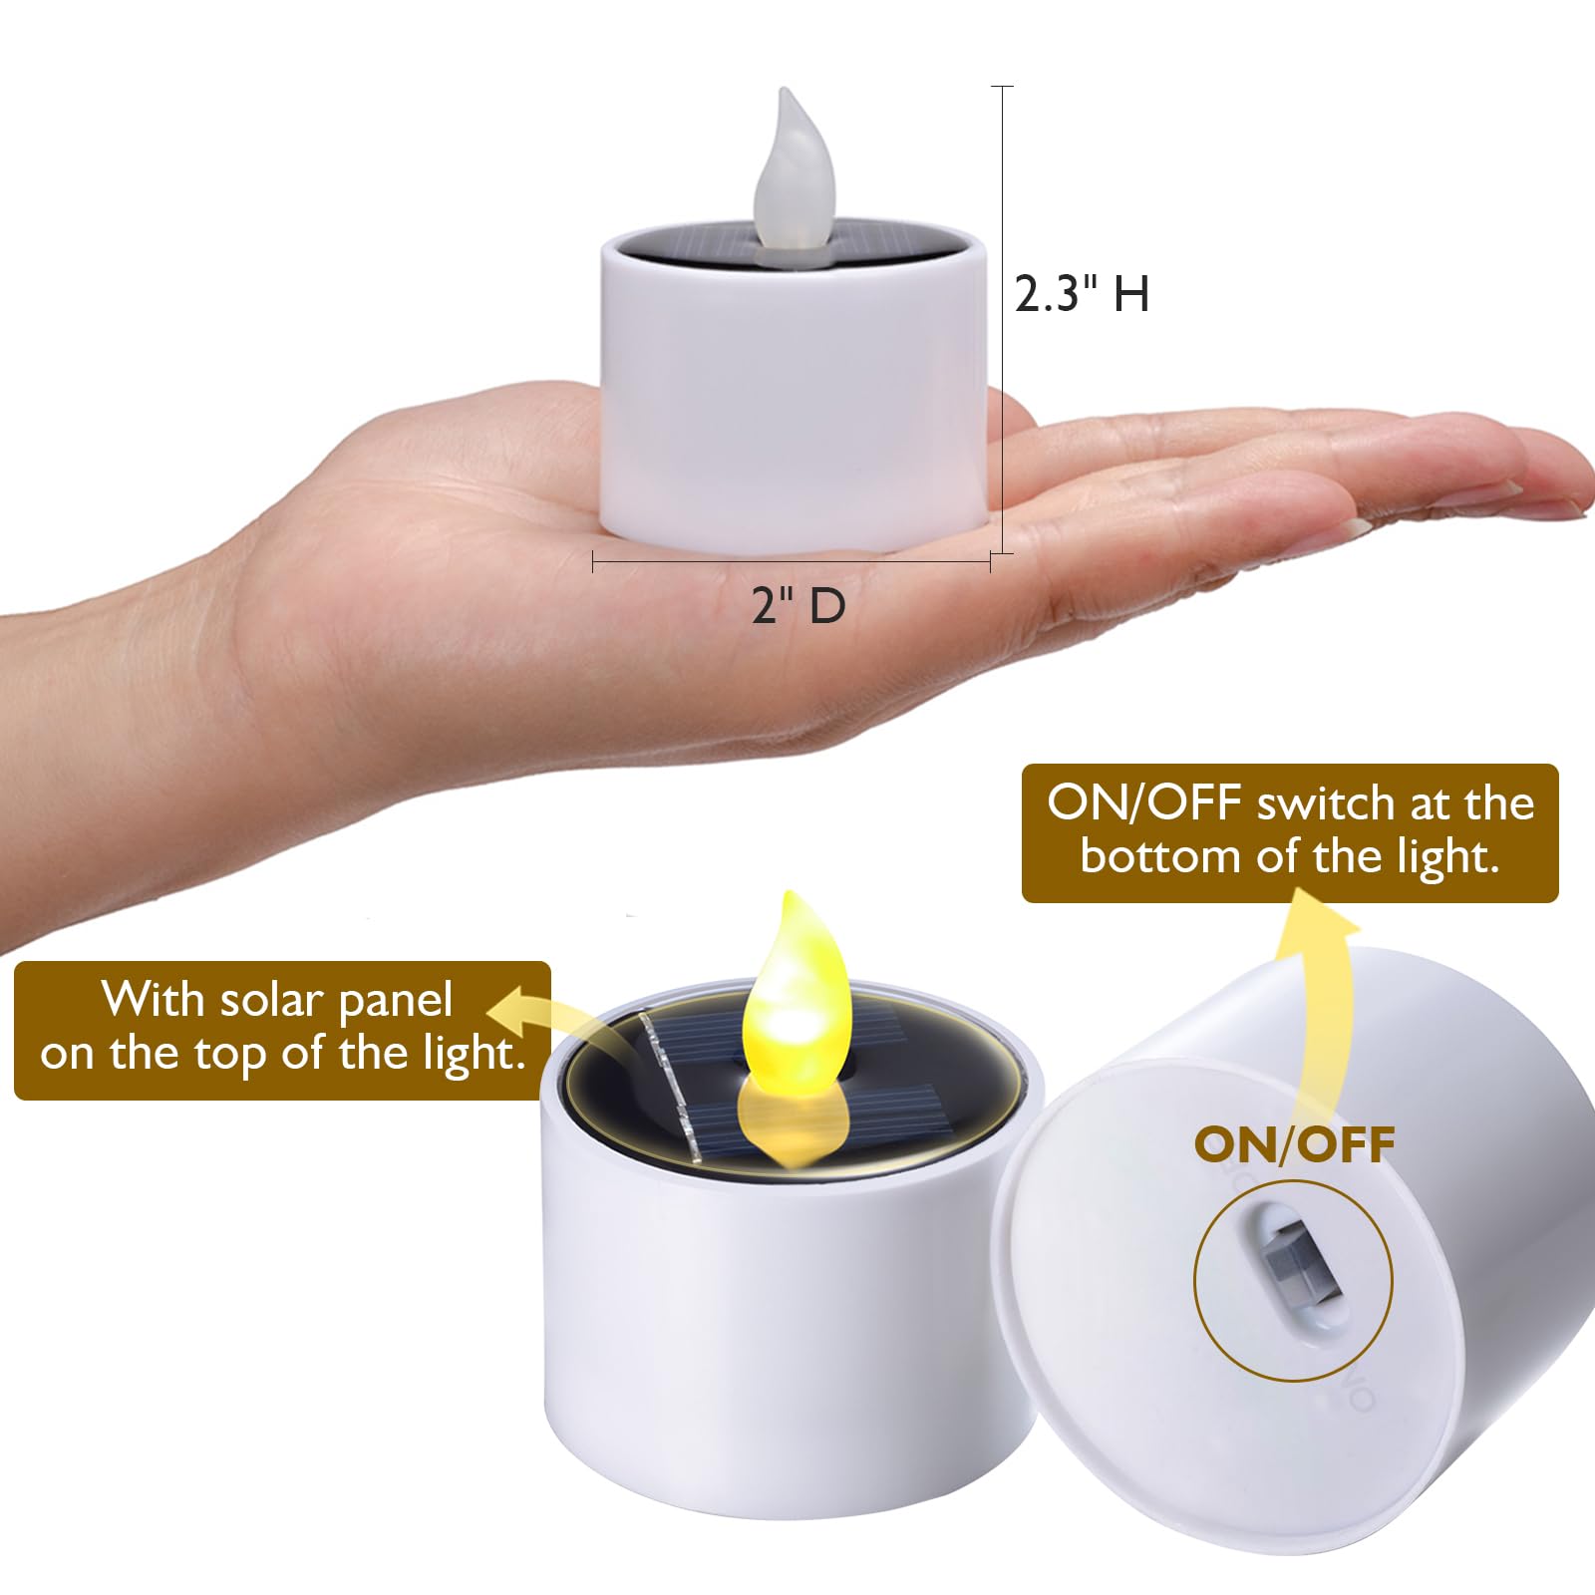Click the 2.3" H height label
[1082, 294]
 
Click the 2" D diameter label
[797, 605]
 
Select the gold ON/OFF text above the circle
[1294, 1145]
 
